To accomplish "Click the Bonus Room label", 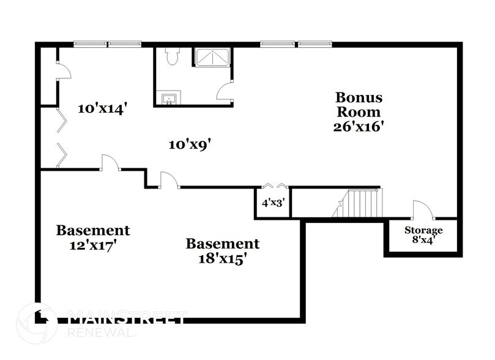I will click(x=359, y=105).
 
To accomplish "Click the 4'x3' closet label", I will click(x=271, y=203).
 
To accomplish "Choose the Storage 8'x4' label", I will click(x=423, y=235).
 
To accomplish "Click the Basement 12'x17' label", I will click(x=93, y=237).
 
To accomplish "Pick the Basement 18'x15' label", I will click(x=222, y=250).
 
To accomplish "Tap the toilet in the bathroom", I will click(x=171, y=57).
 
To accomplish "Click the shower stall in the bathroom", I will click(x=212, y=57).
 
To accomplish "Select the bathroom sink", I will click(x=168, y=98).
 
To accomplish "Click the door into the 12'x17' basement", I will click(x=110, y=162).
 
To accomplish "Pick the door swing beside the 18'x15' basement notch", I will click(x=169, y=179).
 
